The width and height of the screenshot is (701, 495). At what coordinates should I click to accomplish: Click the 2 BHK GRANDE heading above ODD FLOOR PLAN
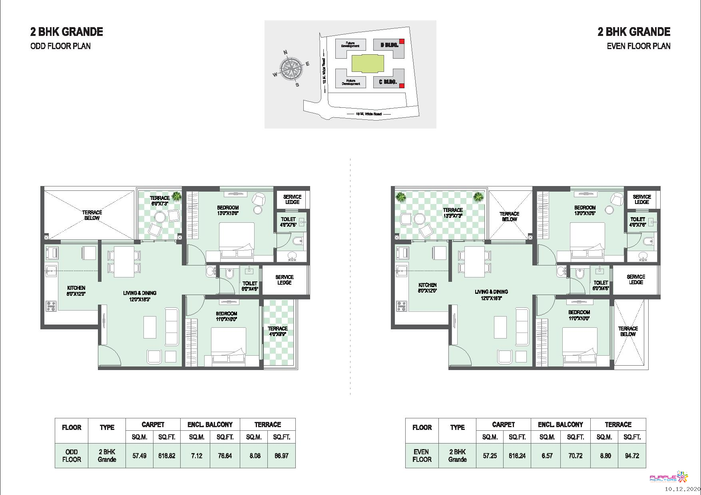pyautogui.click(x=67, y=32)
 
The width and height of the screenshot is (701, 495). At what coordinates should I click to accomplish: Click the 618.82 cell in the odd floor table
pyautogui.click(x=167, y=455)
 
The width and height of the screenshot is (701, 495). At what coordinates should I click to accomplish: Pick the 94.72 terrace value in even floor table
pyautogui.click(x=632, y=455)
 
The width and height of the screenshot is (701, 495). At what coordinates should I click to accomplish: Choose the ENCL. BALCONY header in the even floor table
pyautogui.click(x=560, y=424)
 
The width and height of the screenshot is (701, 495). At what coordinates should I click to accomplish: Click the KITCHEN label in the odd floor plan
pyautogui.click(x=76, y=288)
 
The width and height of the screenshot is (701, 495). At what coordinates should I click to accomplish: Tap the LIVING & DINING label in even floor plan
pyautogui.click(x=491, y=292)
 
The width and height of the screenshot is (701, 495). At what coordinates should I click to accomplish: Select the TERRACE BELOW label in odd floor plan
pyautogui.click(x=92, y=215)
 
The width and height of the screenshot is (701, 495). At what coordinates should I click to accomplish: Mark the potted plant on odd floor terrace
pyautogui.click(x=176, y=196)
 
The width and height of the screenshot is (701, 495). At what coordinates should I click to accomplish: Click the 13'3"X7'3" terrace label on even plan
pyautogui.click(x=453, y=216)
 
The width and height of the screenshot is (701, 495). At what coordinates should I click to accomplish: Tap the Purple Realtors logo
pyautogui.click(x=668, y=477)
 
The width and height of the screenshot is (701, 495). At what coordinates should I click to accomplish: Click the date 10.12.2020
pyautogui.click(x=682, y=489)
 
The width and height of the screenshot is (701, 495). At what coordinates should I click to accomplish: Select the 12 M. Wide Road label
pyautogui.click(x=324, y=71)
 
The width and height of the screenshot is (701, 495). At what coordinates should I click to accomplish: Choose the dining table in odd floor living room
pyautogui.click(x=124, y=261)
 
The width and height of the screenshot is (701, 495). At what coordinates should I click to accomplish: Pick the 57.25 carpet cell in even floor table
pyautogui.click(x=490, y=455)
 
